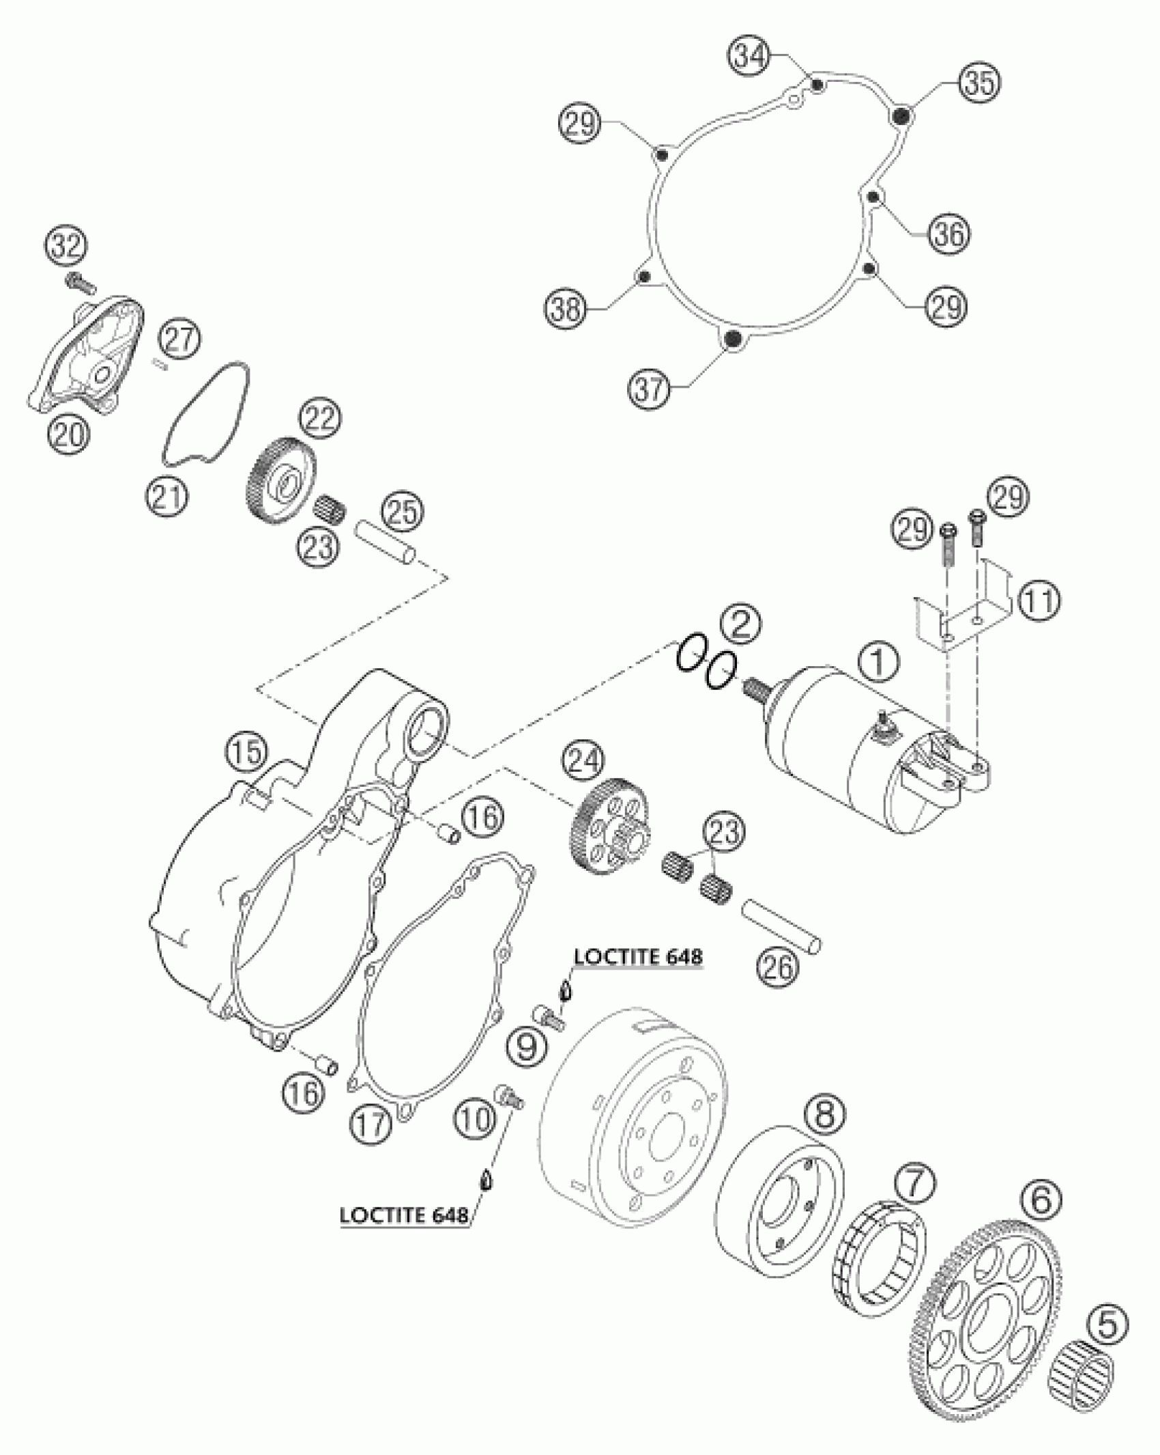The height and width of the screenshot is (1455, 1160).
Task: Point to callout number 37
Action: [x=651, y=389]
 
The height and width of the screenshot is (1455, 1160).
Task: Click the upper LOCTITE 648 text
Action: [x=637, y=957]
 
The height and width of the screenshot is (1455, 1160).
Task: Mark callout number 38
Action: [x=566, y=311]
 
